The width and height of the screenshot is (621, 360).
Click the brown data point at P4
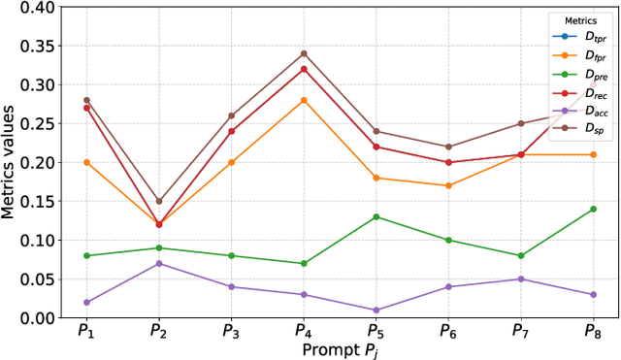(x=304, y=53)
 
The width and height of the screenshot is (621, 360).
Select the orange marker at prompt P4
(x=304, y=100)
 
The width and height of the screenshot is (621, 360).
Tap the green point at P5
(x=377, y=216)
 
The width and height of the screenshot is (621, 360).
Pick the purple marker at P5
(x=377, y=310)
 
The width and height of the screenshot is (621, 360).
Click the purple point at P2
(x=160, y=263)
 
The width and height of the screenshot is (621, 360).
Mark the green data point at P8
(x=593, y=209)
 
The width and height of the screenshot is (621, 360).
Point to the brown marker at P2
(x=160, y=201)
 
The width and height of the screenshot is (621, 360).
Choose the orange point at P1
(x=86, y=162)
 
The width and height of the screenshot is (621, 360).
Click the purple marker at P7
(x=521, y=278)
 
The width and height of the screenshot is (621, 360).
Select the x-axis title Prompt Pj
(x=340, y=349)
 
